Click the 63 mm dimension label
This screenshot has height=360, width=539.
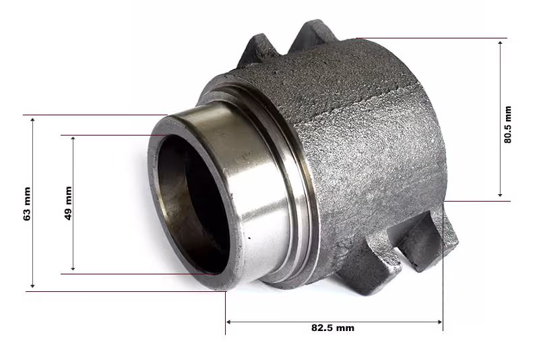[x=27, y=204]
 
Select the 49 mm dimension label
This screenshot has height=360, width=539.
[x=68, y=203]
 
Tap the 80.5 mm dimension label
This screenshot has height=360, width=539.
[x=507, y=125]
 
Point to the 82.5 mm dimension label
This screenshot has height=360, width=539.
[x=333, y=328]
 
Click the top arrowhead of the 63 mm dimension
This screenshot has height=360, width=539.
[x=32, y=119]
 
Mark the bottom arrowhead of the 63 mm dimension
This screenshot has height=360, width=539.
[x=32, y=285]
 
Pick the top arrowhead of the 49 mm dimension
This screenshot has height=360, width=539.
[x=73, y=139]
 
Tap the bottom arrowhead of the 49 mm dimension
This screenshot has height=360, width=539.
[x=73, y=268]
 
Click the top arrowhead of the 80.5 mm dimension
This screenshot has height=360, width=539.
[x=500, y=43]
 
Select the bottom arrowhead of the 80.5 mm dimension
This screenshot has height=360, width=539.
[x=500, y=195]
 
